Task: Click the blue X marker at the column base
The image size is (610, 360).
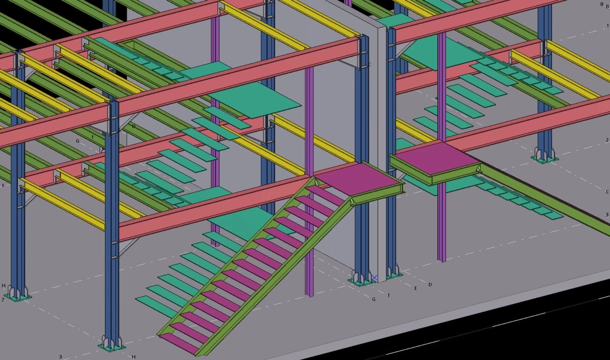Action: point(374,278)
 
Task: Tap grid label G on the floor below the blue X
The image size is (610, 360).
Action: point(374,299)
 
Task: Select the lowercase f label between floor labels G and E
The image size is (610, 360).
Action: point(389,295)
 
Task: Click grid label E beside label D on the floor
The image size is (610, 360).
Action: point(416,288)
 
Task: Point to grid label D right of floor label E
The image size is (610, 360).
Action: point(430,285)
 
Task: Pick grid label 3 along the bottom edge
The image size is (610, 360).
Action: point(60,357)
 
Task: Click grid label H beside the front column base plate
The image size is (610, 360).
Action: point(133,357)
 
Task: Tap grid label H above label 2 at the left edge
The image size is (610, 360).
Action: point(3,285)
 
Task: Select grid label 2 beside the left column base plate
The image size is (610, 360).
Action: point(3,299)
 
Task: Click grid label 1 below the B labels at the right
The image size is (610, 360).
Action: point(608,26)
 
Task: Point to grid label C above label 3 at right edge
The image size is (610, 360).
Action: point(607,192)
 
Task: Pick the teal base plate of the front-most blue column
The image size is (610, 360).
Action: point(112,347)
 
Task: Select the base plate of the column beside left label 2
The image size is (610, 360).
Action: point(18,296)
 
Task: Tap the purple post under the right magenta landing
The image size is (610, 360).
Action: point(442,229)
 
